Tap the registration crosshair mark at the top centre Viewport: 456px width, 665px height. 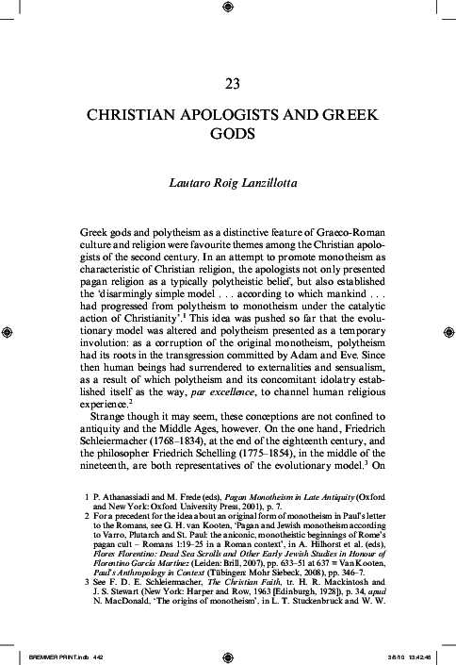pyautogui.click(x=228, y=8)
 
